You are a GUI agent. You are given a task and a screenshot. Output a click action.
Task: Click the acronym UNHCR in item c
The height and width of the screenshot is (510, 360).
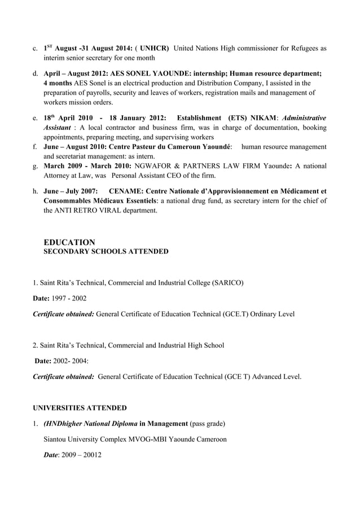point(153,49)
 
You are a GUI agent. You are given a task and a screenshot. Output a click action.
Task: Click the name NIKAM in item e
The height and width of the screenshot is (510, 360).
point(258,118)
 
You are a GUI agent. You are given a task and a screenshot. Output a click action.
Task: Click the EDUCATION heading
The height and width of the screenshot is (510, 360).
point(69,242)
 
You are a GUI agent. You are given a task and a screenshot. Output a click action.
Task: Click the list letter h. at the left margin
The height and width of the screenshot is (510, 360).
point(36,191)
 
